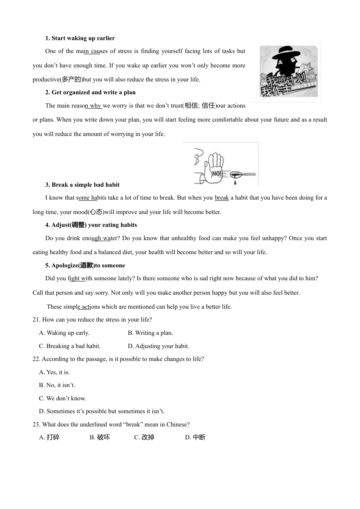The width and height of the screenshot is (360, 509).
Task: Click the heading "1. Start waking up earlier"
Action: click(x=80, y=38)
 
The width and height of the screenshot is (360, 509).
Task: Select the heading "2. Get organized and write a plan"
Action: click(x=90, y=92)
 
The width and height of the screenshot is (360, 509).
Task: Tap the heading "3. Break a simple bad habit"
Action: click(x=82, y=185)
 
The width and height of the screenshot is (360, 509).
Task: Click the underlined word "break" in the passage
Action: click(x=222, y=198)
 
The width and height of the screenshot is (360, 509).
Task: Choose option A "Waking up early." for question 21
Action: click(x=64, y=333)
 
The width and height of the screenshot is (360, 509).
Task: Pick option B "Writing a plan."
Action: click(x=150, y=333)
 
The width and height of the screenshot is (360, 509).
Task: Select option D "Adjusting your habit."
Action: click(x=158, y=346)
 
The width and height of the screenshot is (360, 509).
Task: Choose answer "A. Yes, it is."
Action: click(x=54, y=372)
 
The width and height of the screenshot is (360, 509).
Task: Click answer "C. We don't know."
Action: click(x=63, y=398)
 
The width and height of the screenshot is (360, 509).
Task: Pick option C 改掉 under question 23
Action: click(x=144, y=437)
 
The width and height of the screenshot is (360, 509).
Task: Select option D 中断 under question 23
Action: click(x=195, y=437)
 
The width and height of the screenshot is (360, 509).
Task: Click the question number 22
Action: click(x=36, y=359)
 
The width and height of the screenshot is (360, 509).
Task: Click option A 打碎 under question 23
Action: click(x=49, y=437)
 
